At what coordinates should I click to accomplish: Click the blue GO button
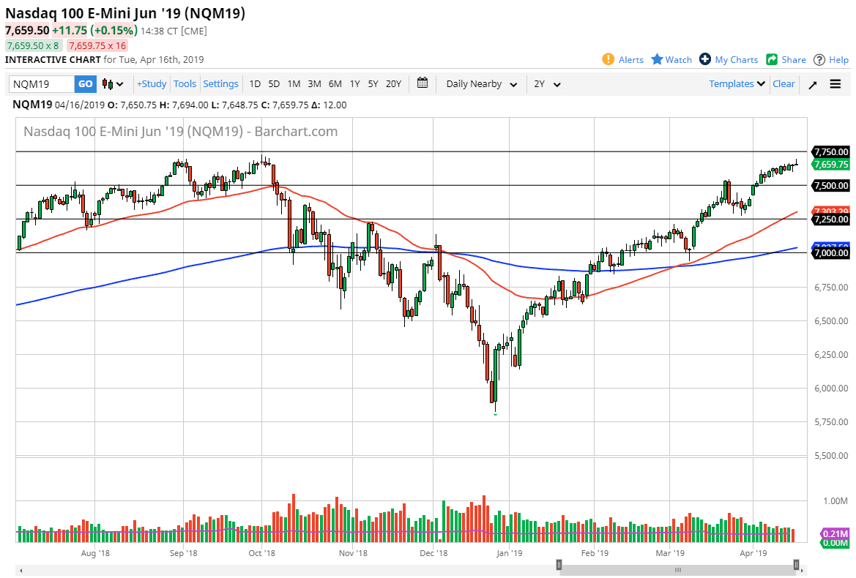pos(86,84)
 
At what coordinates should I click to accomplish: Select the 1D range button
pos(255,84)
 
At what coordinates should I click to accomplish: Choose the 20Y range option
pos(393,84)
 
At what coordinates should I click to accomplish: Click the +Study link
pos(152,84)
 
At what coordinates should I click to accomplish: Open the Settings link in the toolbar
pos(220,84)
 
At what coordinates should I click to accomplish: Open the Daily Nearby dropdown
pos(481,84)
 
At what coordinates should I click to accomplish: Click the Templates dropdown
pos(737,84)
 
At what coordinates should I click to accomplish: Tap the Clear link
pos(784,84)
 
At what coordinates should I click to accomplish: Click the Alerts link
pos(623,60)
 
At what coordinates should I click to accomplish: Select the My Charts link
pos(729,60)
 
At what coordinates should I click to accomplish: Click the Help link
pos(832,60)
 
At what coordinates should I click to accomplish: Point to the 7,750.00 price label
pos(830,151)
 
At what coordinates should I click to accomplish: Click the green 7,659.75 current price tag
pos(830,165)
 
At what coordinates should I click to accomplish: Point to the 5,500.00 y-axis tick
pos(830,455)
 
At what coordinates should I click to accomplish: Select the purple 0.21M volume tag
pos(835,533)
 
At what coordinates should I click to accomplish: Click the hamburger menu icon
pos(835,84)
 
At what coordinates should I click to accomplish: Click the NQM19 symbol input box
pos(42,84)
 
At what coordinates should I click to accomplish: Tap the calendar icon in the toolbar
pos(423,83)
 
